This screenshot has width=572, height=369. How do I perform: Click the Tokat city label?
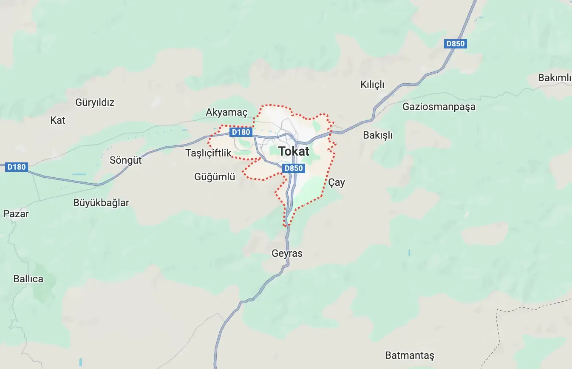[x=294, y=151]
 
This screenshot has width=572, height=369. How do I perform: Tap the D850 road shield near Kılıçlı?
[x=456, y=43]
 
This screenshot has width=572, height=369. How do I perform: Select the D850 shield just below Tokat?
[x=293, y=168]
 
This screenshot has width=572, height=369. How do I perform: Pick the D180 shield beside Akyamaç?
[x=241, y=132]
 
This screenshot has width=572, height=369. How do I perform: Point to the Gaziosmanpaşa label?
[x=439, y=107]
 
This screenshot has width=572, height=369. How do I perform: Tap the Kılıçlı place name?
[x=372, y=85]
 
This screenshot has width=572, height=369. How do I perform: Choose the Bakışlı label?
[x=378, y=136]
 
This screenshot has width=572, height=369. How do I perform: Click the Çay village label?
[x=337, y=183]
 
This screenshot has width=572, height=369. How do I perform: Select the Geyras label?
[x=287, y=254]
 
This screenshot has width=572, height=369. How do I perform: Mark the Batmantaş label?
[x=410, y=355]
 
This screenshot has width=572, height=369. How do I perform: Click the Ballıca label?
[x=28, y=279]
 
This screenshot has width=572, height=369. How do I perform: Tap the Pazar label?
[x=16, y=214]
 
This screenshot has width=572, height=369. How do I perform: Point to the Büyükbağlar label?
[x=101, y=203]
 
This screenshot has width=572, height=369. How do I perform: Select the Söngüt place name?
[x=126, y=161]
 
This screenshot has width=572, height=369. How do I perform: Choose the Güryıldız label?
[x=95, y=102]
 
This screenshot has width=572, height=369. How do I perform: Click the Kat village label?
[x=58, y=120]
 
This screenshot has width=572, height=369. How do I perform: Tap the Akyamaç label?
[x=227, y=113]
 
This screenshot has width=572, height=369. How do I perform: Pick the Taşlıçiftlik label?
[x=208, y=153]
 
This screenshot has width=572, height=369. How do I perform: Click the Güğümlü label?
[x=215, y=177]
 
